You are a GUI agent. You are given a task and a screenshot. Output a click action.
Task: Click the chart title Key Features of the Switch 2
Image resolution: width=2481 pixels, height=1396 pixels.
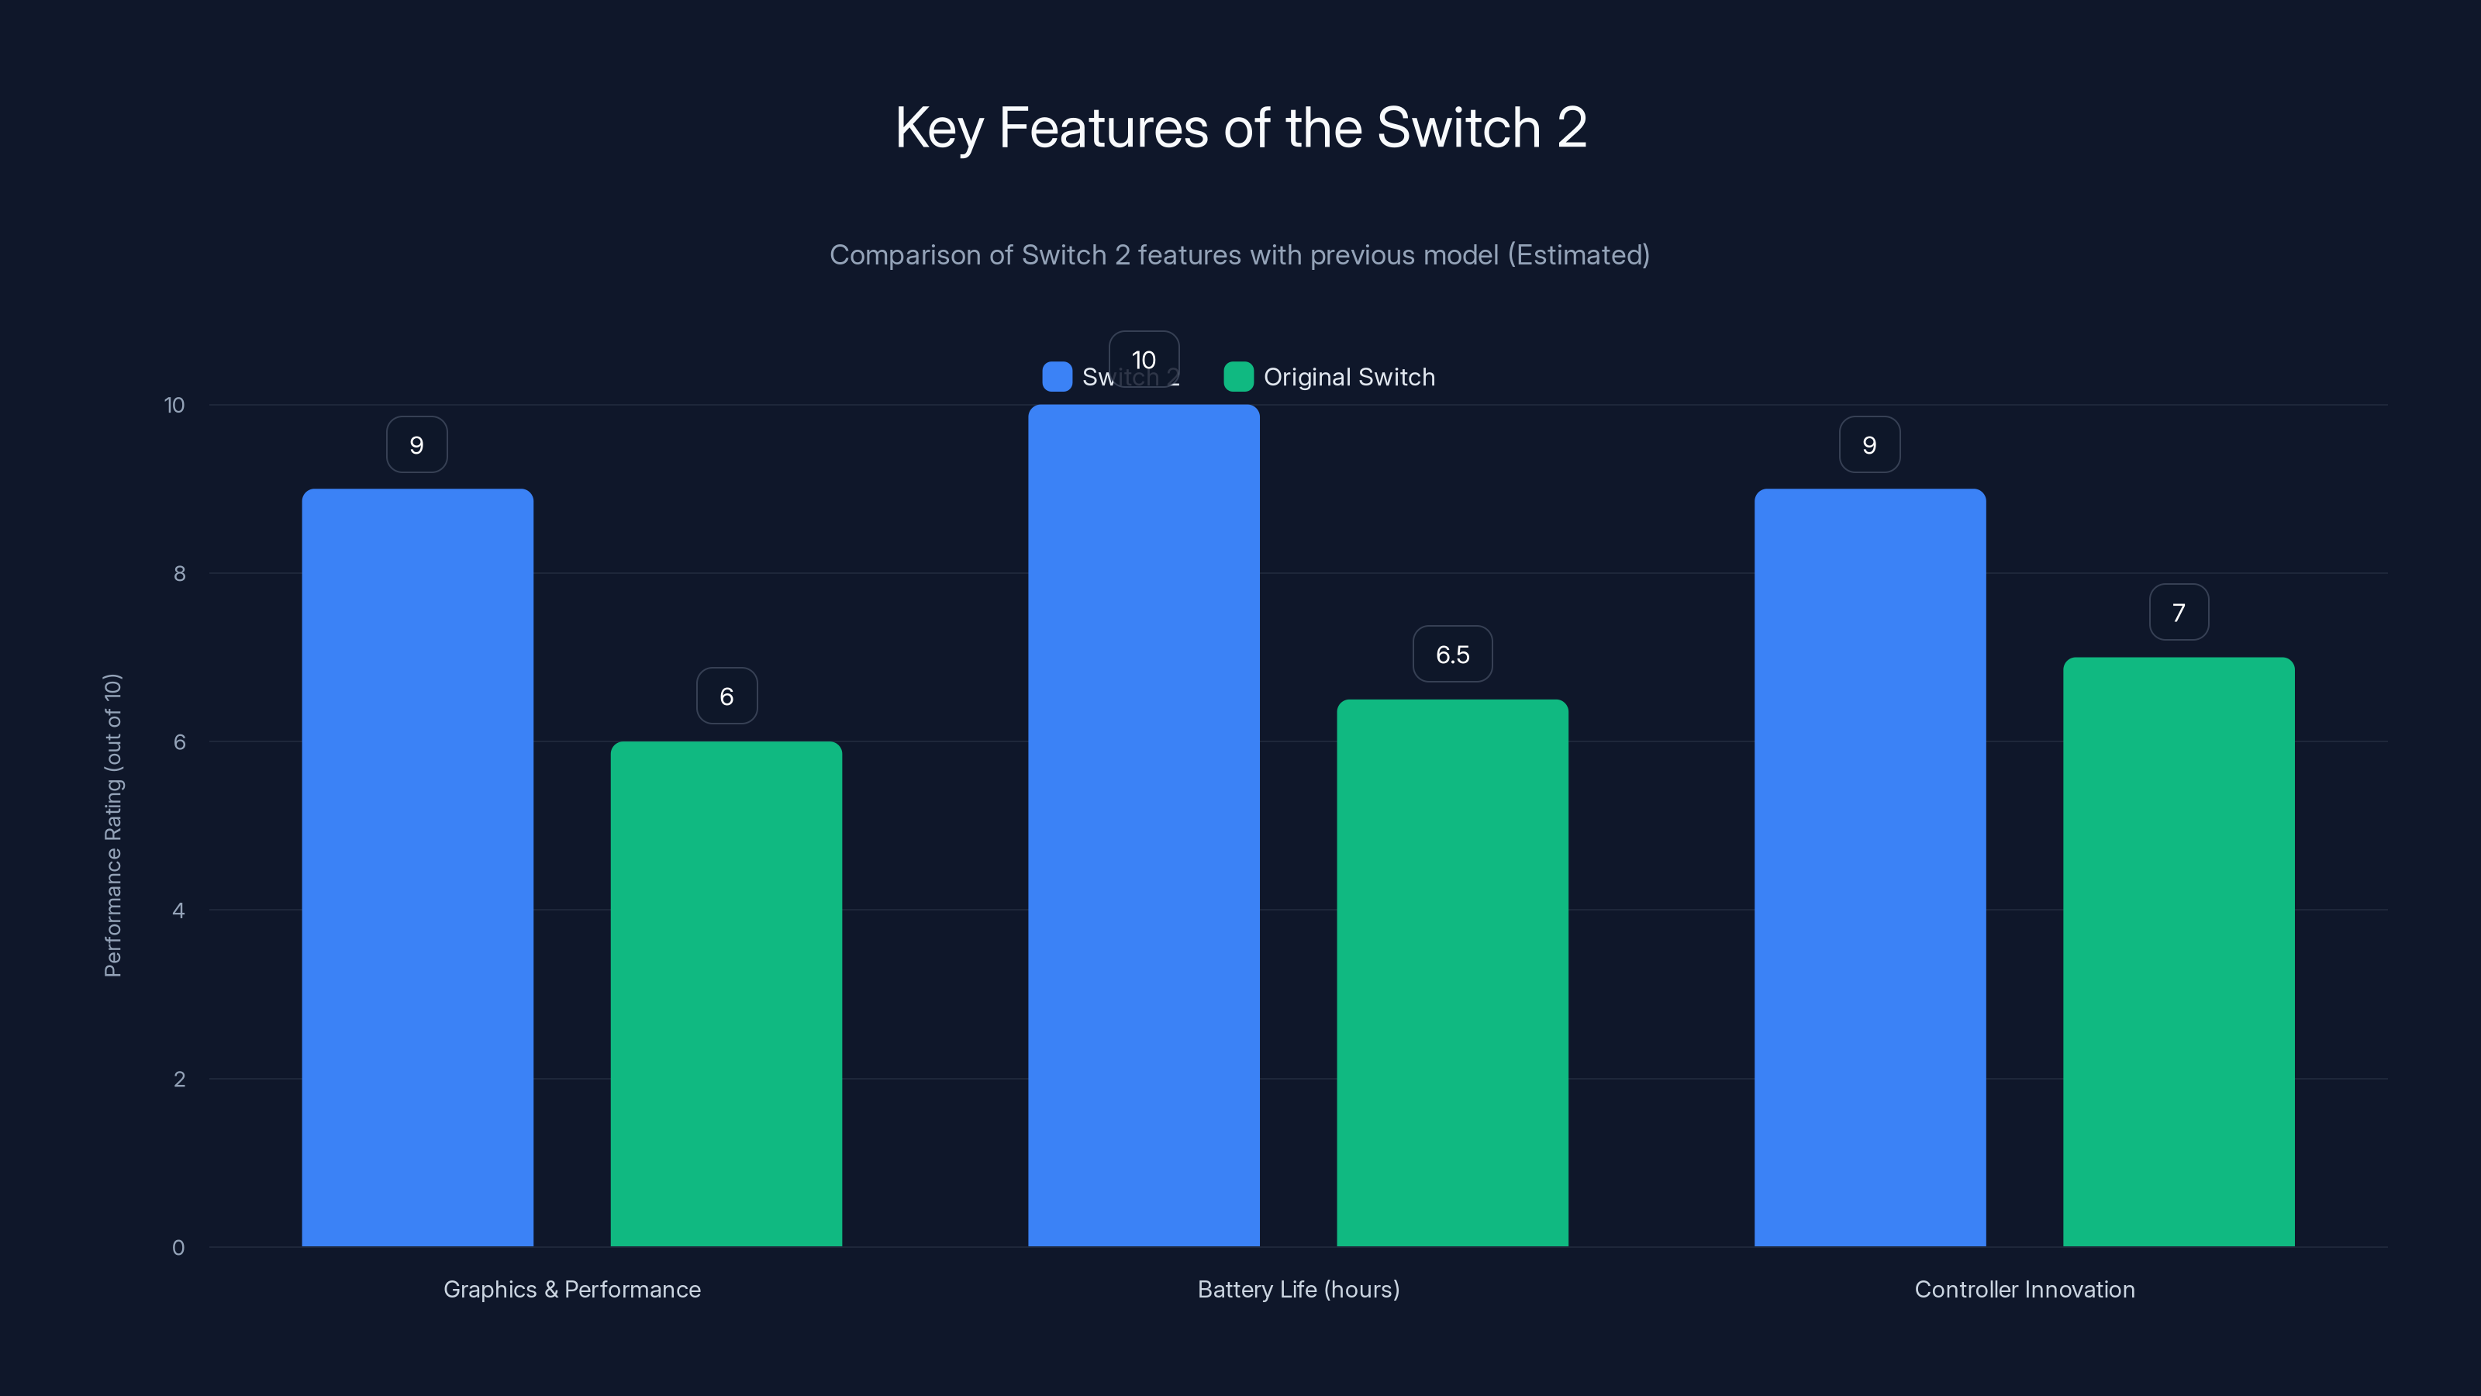[1240, 128]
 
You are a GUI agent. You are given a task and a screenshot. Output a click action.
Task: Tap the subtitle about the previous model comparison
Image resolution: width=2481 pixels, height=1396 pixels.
[1240, 255]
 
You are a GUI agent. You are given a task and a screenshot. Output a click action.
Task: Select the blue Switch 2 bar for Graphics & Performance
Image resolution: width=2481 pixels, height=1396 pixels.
[417, 867]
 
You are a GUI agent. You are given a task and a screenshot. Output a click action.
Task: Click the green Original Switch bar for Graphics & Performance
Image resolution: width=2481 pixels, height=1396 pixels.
[726, 993]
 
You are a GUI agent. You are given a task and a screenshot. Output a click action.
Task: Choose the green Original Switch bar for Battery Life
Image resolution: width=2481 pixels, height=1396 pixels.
[1452, 973]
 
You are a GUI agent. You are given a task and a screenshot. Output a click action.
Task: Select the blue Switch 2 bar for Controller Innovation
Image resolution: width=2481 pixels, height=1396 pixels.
[1869, 867]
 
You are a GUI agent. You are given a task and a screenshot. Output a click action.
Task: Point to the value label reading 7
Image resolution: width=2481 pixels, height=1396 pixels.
[2179, 613]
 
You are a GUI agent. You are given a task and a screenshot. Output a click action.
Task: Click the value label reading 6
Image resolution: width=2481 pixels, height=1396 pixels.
[726, 696]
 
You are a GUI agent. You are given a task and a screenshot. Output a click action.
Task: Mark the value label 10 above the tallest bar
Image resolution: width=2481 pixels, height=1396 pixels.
[1144, 358]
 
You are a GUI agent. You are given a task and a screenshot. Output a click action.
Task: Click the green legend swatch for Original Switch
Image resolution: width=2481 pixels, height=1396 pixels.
[1237, 377]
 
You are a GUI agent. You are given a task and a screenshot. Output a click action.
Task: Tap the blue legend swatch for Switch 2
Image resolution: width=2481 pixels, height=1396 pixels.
[1057, 377]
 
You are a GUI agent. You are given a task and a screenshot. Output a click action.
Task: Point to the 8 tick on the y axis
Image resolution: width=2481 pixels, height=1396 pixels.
[179, 574]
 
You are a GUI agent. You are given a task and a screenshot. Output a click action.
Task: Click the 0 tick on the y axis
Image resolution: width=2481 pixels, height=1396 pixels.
[178, 1248]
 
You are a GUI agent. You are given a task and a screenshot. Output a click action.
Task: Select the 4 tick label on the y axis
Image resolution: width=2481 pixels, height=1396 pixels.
[178, 911]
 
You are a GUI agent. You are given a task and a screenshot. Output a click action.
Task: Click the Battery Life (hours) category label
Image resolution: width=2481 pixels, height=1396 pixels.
[1299, 1289]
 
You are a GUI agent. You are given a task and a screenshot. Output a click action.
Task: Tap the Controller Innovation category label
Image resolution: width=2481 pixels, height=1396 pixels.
[2024, 1289]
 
